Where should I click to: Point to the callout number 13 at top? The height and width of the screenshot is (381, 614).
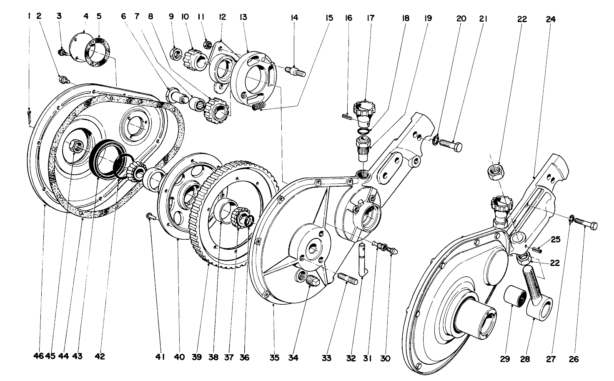coord(243,17)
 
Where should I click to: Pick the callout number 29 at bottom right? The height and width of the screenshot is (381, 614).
coord(505,359)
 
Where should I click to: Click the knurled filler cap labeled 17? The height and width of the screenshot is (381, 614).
coord(363,111)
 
